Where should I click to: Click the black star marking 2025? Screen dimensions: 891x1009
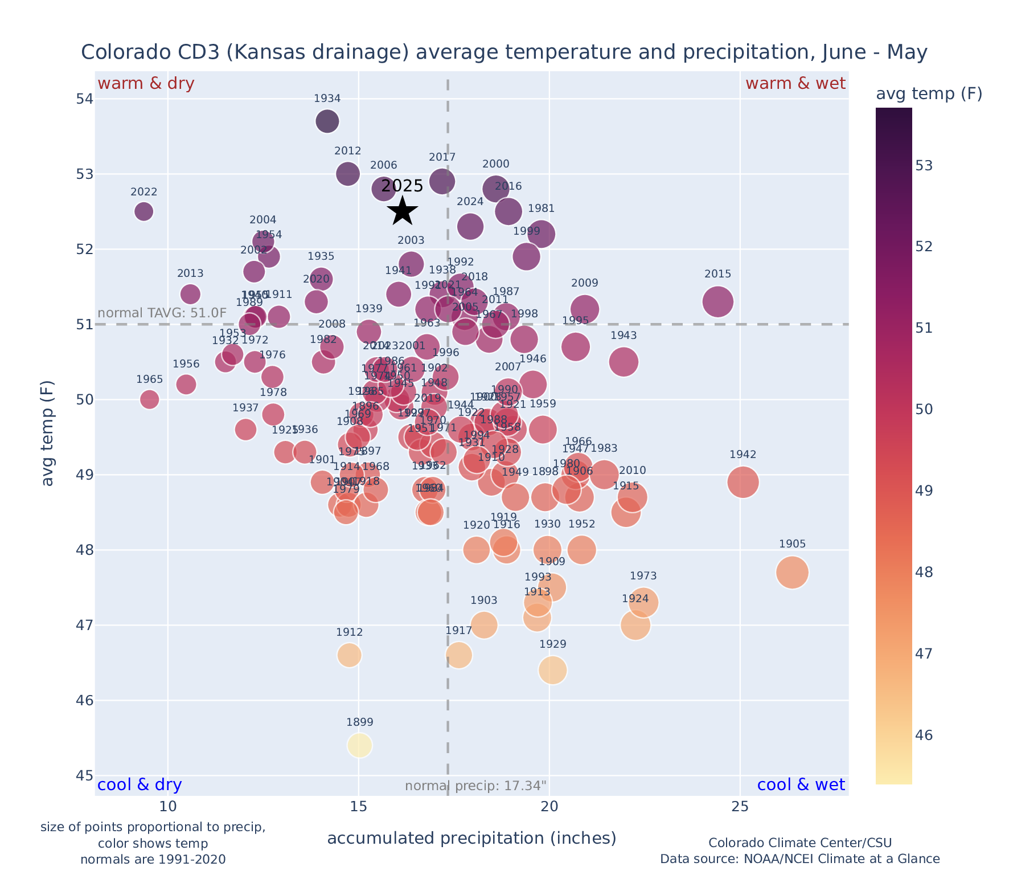pos(403,211)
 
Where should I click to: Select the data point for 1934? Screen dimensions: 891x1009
pos(327,121)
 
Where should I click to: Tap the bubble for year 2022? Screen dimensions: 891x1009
pos(144,211)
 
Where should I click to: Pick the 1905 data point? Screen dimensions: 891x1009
pos(792,573)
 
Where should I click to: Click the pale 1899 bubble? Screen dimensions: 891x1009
pos(360,745)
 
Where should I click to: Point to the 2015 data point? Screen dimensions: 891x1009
pos(718,301)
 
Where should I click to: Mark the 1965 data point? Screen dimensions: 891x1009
pos(149,399)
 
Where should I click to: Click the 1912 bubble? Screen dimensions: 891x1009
pos(350,655)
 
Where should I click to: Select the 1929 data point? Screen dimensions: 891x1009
pos(553,670)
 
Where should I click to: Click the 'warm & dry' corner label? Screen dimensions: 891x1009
pos(146,84)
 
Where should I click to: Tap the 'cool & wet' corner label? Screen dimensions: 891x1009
pos(801,785)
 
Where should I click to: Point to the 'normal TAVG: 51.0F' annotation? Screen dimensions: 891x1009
pos(162,313)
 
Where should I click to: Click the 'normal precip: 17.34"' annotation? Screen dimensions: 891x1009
pos(475,786)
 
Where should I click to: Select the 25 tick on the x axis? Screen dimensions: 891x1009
pos(740,807)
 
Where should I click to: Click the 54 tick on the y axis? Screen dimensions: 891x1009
pos(85,99)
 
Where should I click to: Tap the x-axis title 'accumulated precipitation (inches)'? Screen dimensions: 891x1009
pos(471,838)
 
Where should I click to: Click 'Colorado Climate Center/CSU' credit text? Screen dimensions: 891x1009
pos(800,843)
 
